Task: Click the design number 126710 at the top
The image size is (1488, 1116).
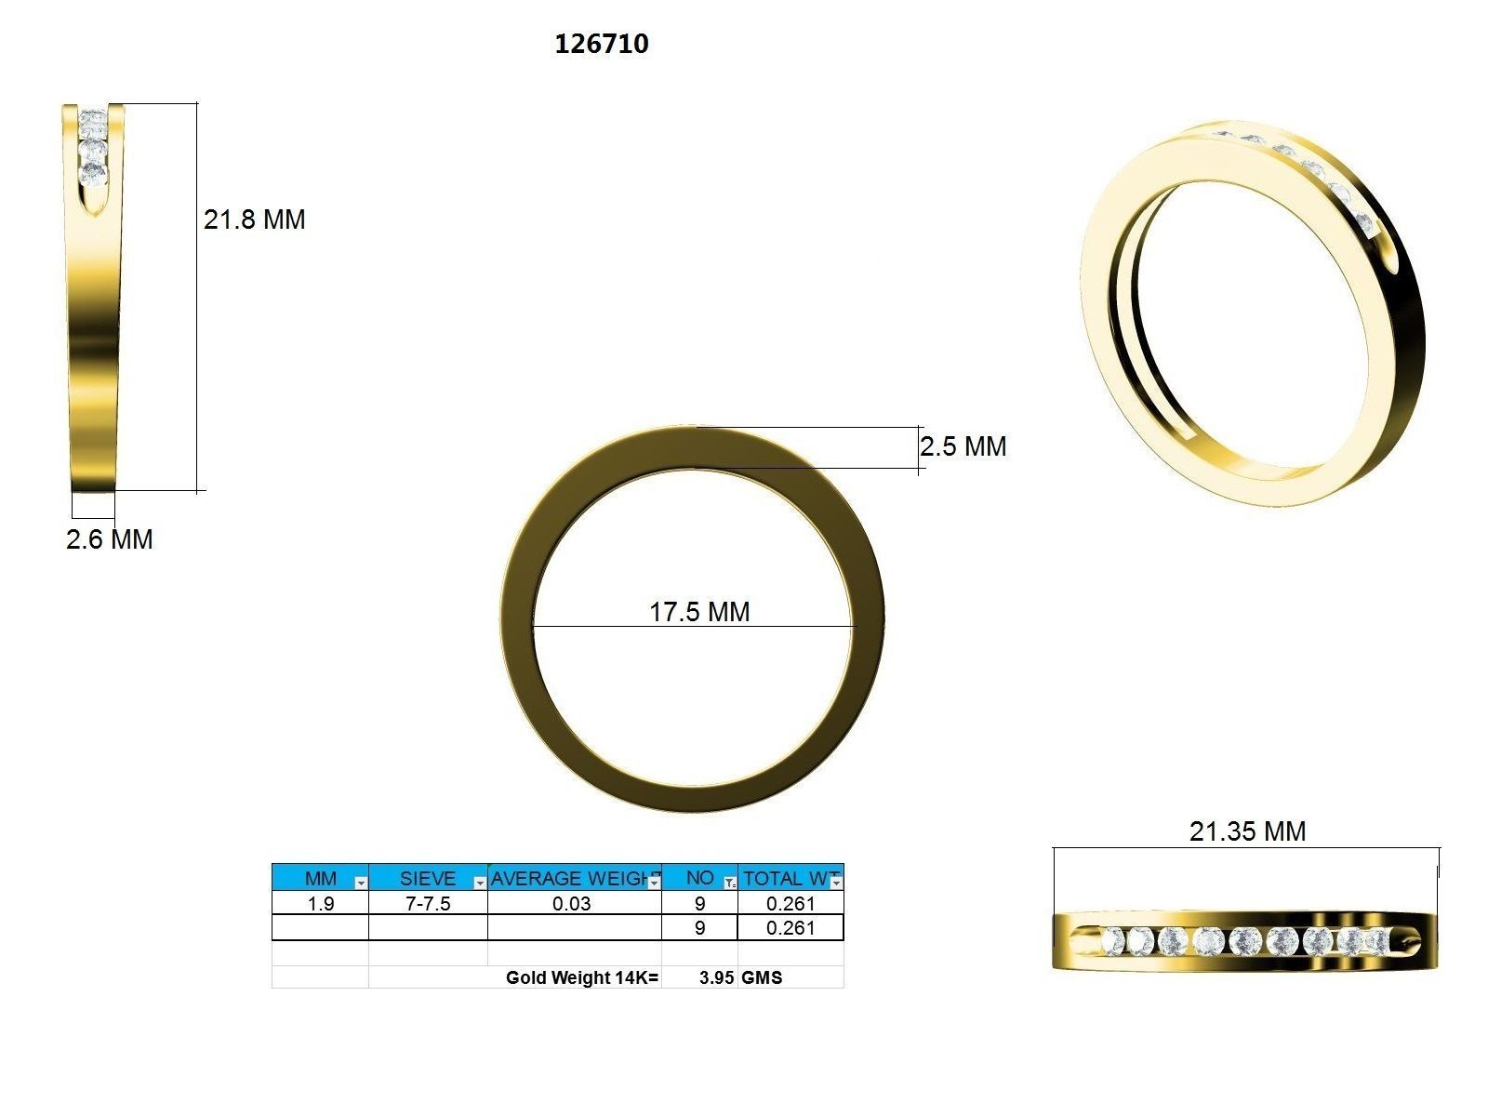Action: click(602, 44)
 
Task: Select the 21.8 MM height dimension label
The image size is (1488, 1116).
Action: click(254, 219)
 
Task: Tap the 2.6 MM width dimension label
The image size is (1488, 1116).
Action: click(109, 539)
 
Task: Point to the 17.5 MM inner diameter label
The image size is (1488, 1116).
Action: click(699, 612)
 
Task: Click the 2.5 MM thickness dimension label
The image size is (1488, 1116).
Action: click(963, 446)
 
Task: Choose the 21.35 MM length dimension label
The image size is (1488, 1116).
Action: click(1247, 831)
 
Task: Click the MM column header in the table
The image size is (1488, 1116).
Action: click(321, 878)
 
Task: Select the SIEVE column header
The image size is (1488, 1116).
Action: click(427, 878)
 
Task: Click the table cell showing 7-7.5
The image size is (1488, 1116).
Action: click(428, 904)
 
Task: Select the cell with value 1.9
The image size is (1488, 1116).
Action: click(321, 904)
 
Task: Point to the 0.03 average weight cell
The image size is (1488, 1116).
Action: click(571, 904)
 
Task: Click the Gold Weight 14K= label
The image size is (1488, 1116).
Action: click(582, 977)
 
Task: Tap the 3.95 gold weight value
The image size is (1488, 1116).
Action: click(716, 977)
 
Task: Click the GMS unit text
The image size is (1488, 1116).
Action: click(762, 977)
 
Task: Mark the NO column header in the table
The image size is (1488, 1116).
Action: click(699, 878)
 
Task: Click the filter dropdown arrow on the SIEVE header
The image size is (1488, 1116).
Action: click(480, 883)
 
